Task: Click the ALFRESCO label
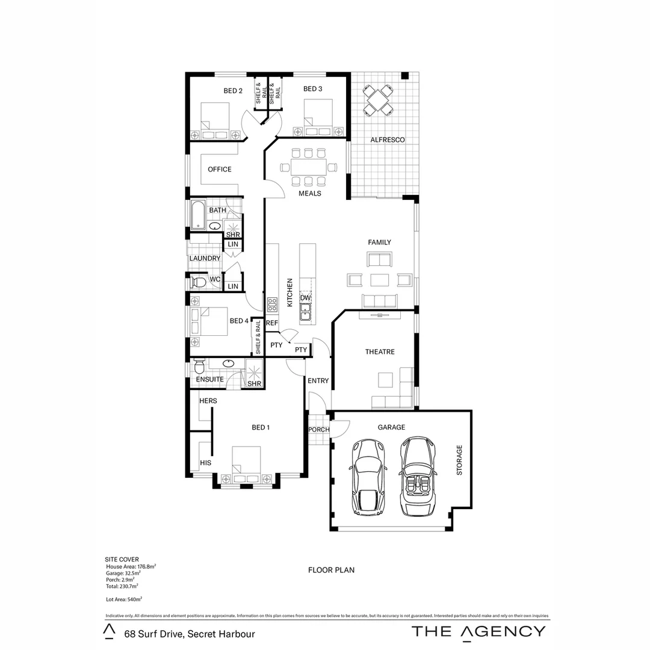click(388, 140)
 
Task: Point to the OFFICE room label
click(220, 169)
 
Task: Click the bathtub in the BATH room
click(197, 215)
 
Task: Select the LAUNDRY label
click(205, 258)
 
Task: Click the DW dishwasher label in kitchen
click(305, 298)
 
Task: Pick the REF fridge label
click(272, 323)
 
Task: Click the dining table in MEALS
click(308, 166)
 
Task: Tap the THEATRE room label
click(380, 351)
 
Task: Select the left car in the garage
click(367, 477)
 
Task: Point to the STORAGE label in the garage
click(460, 460)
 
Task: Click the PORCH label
click(318, 429)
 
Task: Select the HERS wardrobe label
click(208, 401)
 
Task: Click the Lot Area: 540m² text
click(123, 599)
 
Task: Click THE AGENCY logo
click(478, 631)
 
